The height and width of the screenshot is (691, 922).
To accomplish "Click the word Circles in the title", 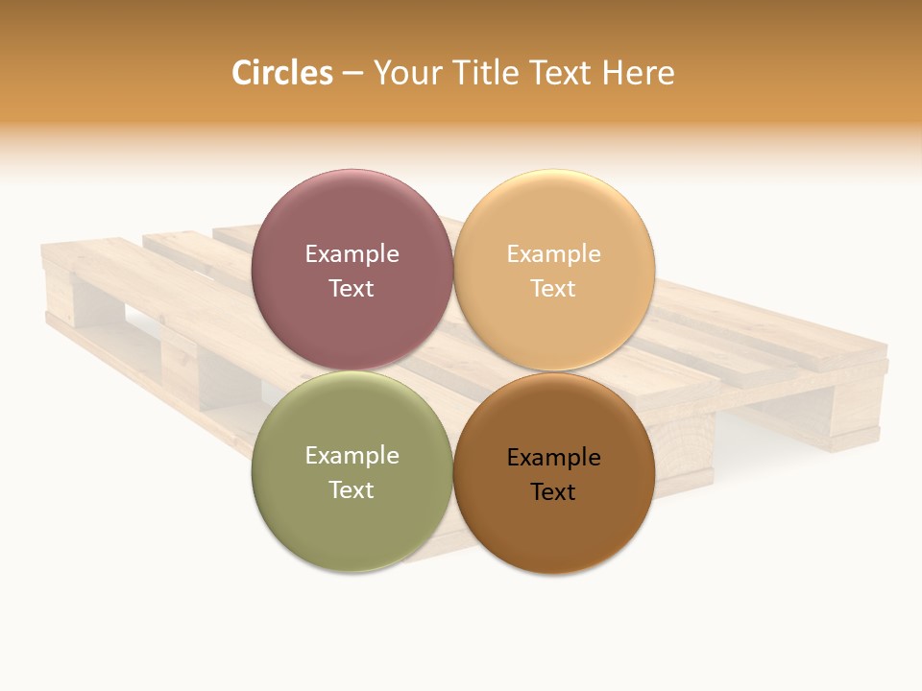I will pyautogui.click(x=281, y=73).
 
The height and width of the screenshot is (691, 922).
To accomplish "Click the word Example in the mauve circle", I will pyautogui.click(x=352, y=253).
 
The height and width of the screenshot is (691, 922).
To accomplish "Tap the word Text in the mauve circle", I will pyautogui.click(x=352, y=288).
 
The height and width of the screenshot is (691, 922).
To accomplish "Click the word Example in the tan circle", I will pyautogui.click(x=553, y=253).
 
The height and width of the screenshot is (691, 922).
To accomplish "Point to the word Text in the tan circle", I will pyautogui.click(x=553, y=288).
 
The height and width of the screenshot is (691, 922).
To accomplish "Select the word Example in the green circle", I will pyautogui.click(x=352, y=455).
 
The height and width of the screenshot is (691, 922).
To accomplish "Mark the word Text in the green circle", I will pyautogui.click(x=352, y=489).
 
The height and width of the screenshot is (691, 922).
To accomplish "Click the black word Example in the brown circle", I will pyautogui.click(x=553, y=457).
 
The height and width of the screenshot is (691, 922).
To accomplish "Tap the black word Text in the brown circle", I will pyautogui.click(x=553, y=491).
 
